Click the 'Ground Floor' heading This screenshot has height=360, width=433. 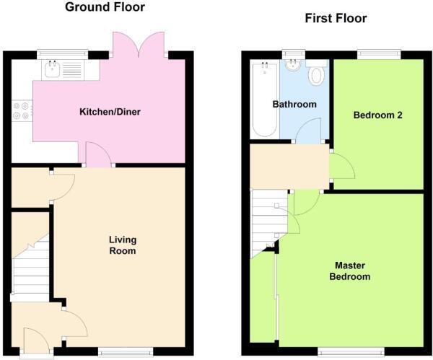[x=105, y=8]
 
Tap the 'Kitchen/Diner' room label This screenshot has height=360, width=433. [x=110, y=112]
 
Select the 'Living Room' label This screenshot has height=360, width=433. [x=123, y=245]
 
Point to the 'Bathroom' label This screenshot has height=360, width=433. [x=294, y=105]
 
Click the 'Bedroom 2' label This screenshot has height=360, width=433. [x=377, y=115]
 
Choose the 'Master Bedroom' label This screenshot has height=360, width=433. [x=350, y=271]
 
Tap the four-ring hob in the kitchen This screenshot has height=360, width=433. [x=22, y=112]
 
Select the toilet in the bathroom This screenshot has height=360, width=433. [x=316, y=75]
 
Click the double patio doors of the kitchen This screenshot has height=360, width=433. [x=139, y=45]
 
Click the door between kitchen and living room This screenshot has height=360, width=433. [x=98, y=154]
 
